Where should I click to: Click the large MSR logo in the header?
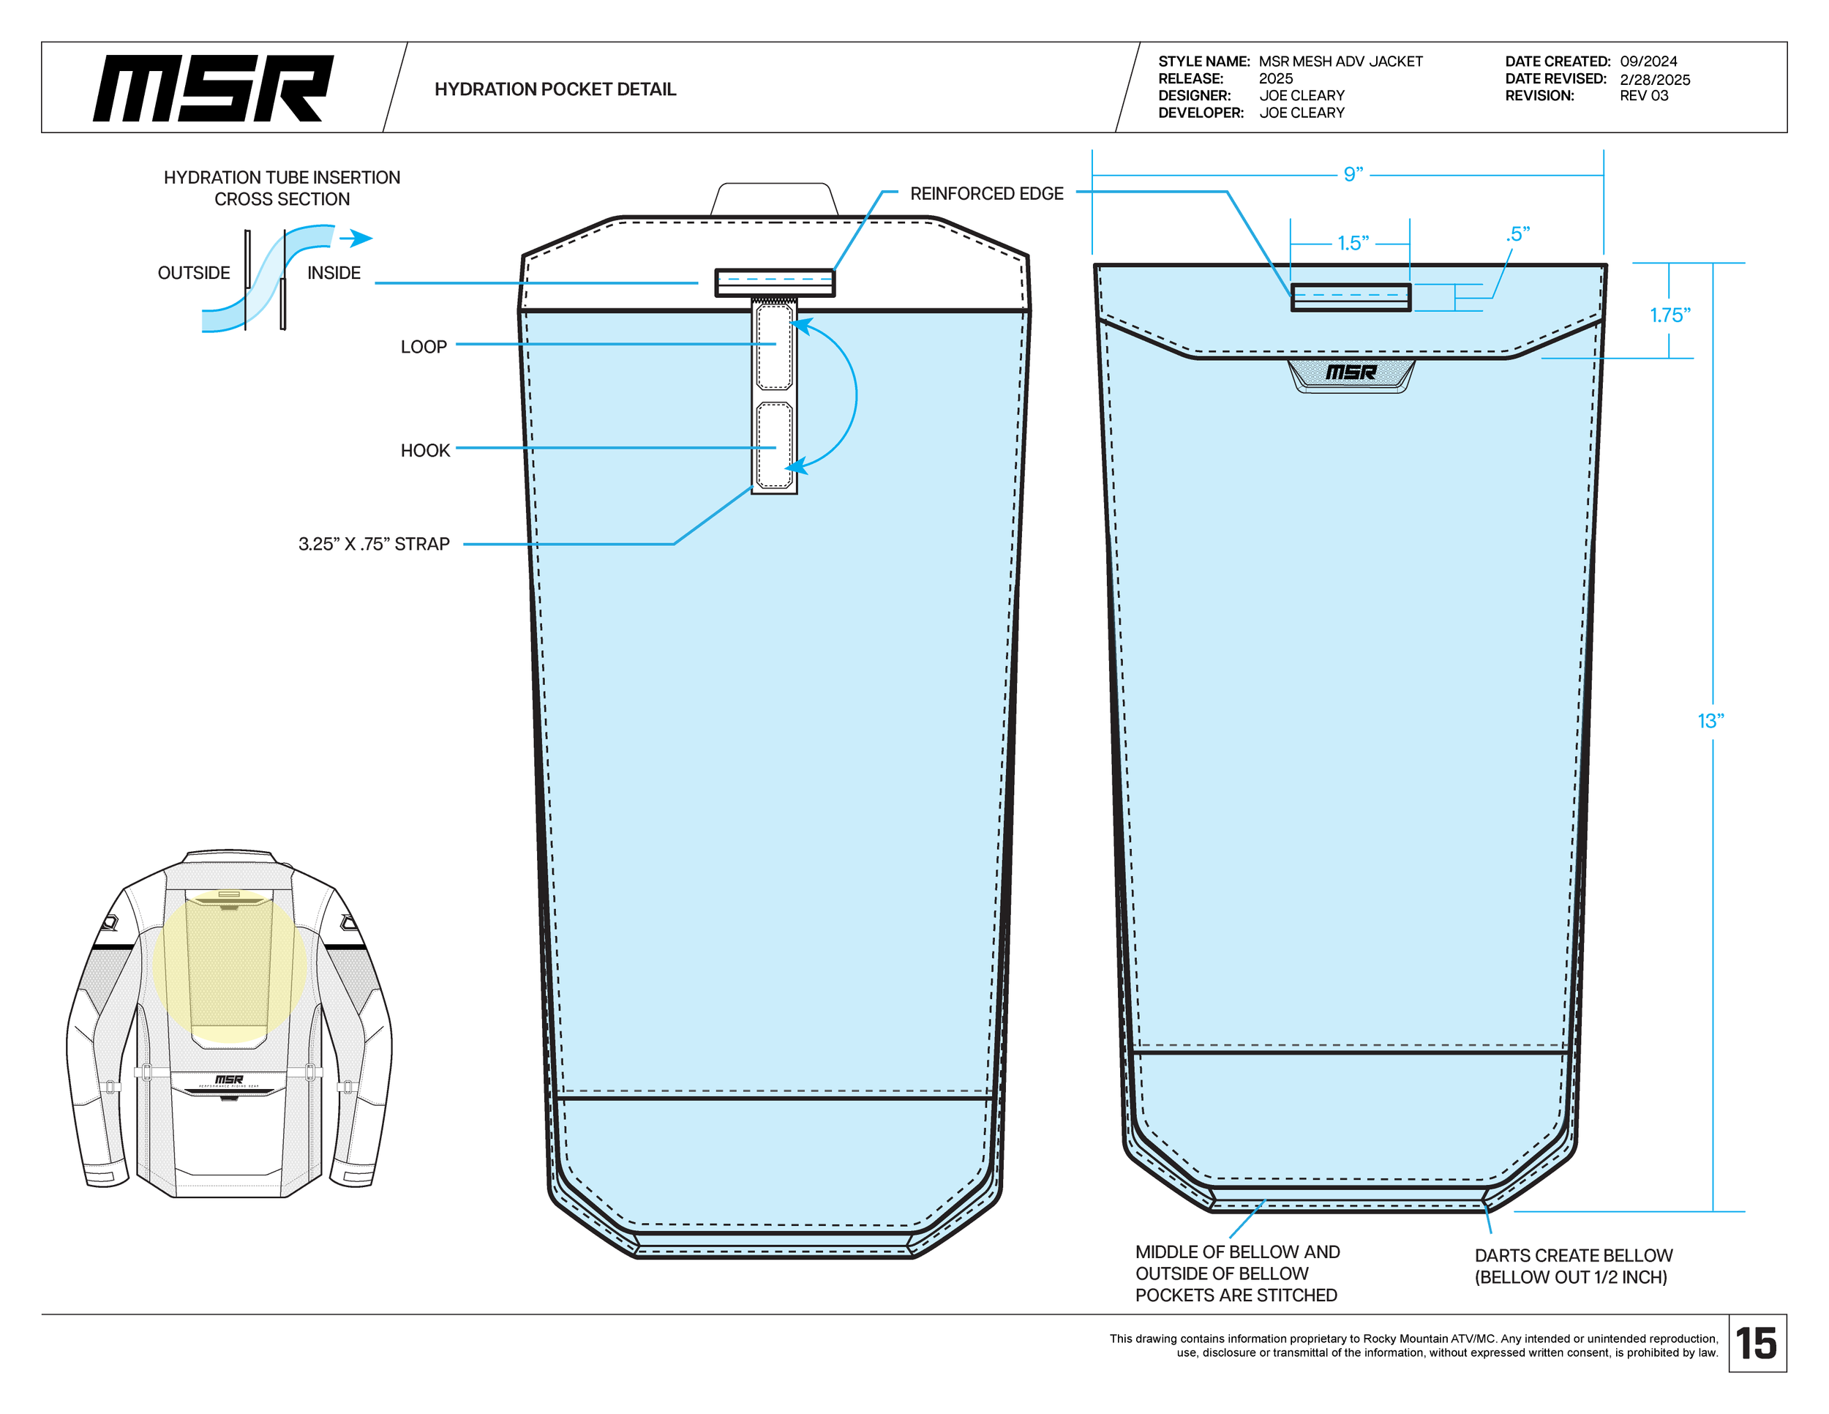[213, 89]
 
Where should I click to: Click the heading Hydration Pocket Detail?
[555, 89]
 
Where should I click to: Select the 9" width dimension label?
[1353, 174]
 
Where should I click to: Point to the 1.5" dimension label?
[1353, 243]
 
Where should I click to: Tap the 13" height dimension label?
[1710, 721]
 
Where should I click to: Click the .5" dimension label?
[1517, 233]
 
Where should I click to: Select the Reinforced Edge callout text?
[985, 193]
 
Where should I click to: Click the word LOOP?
[423, 347]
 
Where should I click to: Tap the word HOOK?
[424, 451]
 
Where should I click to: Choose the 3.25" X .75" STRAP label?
[374, 545]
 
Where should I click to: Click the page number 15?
[1756, 1344]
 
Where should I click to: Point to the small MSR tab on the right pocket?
[1351, 373]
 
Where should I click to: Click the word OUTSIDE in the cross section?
[193, 273]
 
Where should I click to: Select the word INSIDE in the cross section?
[334, 273]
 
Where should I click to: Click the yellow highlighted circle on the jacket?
[228, 966]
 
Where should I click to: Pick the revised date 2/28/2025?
[1654, 80]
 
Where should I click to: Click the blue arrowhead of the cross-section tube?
[361, 238]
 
